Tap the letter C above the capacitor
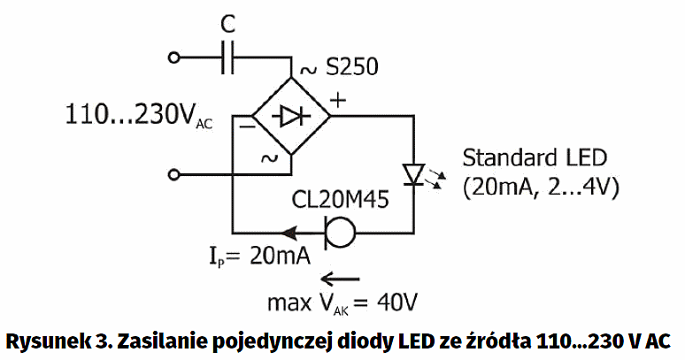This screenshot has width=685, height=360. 228,22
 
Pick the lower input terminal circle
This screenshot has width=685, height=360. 174,174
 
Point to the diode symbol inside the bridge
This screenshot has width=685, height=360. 289,116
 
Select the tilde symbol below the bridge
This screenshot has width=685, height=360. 266,157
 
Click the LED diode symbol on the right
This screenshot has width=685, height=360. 412,173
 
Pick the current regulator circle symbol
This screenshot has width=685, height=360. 341,232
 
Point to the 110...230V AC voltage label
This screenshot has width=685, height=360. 138,115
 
